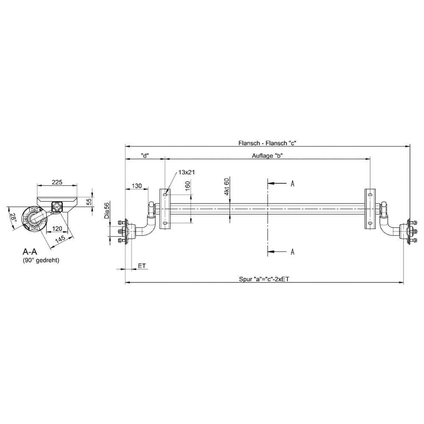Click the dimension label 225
click(57, 182)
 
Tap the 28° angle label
click(13, 218)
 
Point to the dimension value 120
click(57, 229)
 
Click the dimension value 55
click(89, 202)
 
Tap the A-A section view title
click(30, 252)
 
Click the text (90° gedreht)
click(41, 260)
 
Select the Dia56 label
click(107, 211)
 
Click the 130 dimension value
click(137, 186)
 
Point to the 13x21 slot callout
click(187, 172)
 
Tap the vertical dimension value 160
click(188, 186)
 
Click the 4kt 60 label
click(226, 186)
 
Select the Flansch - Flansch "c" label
click(267, 143)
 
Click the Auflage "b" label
click(267, 156)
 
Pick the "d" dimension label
click(145, 156)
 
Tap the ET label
click(142, 266)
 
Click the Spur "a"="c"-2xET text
click(264, 279)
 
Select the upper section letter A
click(292, 184)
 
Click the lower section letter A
click(292, 252)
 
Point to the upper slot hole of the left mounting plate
click(165, 195)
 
